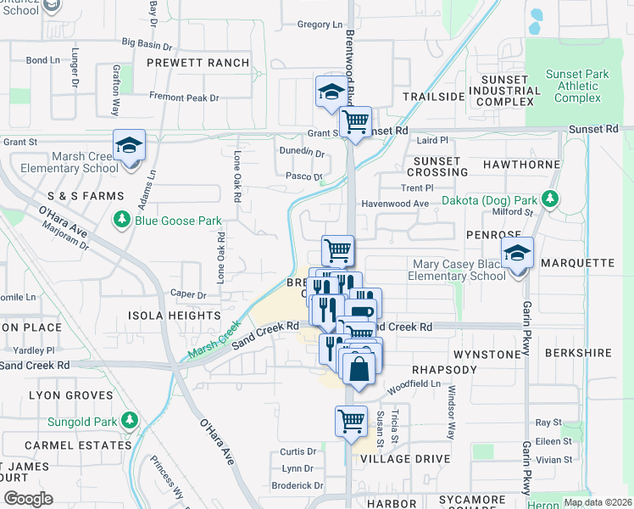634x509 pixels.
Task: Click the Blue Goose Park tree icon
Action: [120, 221]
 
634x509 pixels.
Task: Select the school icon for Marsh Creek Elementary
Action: [130, 145]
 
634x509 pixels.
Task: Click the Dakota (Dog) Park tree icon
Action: [550, 199]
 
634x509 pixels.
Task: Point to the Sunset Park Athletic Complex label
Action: [577, 86]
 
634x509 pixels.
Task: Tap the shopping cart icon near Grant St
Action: [355, 121]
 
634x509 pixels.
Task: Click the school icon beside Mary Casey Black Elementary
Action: [517, 253]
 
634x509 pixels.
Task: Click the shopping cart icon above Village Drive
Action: [351, 420]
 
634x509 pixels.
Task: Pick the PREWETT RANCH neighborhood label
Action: [198, 63]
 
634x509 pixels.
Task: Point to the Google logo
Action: [27, 498]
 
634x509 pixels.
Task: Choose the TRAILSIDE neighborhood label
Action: [434, 97]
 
